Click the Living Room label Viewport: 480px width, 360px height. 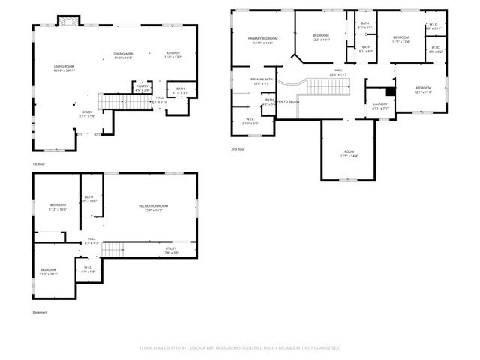tap(64, 67)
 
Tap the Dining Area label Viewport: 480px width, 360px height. tap(123, 54)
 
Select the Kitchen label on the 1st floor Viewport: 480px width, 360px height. tap(172, 54)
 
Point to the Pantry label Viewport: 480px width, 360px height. tap(142, 86)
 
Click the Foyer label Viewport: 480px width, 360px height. tap(88, 112)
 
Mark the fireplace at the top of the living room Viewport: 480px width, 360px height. tap(68, 20)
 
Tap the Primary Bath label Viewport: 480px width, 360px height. tap(262, 79)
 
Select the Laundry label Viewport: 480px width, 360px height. tap(380, 104)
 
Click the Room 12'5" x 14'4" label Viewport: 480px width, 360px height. tap(349, 151)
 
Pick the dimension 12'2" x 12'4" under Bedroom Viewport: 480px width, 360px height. tap(321, 40)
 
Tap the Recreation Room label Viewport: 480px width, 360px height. tap(153, 205)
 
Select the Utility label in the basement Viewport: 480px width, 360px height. tap(171, 248)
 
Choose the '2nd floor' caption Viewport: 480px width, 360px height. tap(238, 149)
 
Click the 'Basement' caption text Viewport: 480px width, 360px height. tap(40, 312)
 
